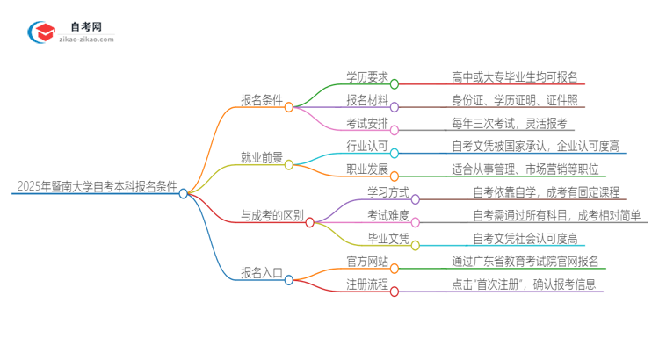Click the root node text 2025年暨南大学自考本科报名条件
96,187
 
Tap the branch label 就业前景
262,158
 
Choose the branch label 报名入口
262,273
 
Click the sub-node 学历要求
366,77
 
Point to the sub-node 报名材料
366,100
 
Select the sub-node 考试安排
366,123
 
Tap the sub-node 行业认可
366,146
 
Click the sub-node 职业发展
366,169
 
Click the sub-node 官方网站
366,261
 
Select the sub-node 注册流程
366,284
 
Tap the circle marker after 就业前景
289,164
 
